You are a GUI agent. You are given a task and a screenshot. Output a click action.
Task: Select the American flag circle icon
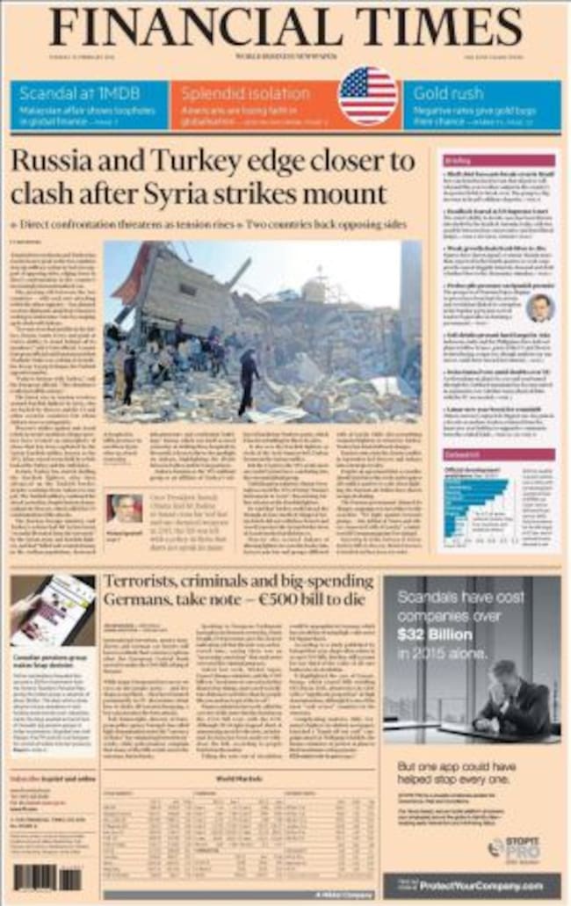[367, 95]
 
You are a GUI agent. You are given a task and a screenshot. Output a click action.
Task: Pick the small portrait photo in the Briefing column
[539, 307]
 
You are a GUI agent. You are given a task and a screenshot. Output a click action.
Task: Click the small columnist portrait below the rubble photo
[124, 509]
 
